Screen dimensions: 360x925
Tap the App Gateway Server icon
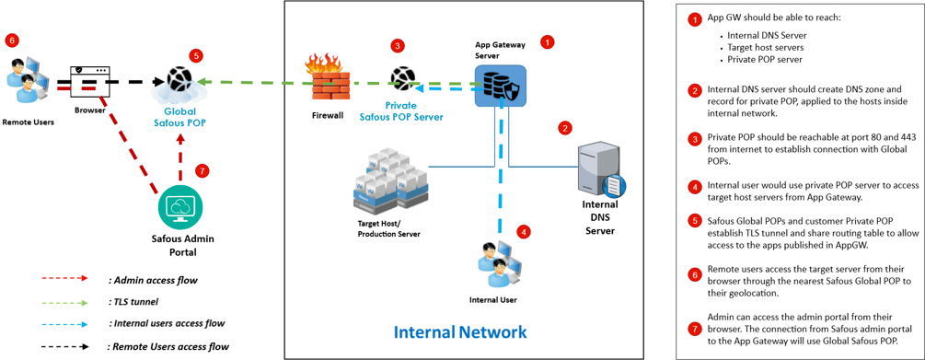(x=501, y=87)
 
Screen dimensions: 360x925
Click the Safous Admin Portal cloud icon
(x=180, y=208)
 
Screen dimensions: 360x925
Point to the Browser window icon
(x=90, y=83)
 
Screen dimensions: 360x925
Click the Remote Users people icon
(x=27, y=84)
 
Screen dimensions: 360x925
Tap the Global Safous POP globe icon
(x=179, y=84)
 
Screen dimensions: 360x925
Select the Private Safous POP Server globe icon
(x=402, y=80)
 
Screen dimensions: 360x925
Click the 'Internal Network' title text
(x=460, y=331)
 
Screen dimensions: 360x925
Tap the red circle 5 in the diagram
(x=195, y=56)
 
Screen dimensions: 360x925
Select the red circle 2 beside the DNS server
(x=565, y=128)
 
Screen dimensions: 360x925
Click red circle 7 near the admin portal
(x=202, y=171)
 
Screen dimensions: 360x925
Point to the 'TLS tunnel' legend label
(x=133, y=301)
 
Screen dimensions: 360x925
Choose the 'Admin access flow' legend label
(x=153, y=279)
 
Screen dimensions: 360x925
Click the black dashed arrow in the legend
(x=64, y=346)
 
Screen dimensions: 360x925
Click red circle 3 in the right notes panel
(x=695, y=138)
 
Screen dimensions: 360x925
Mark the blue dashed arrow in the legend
(x=64, y=323)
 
